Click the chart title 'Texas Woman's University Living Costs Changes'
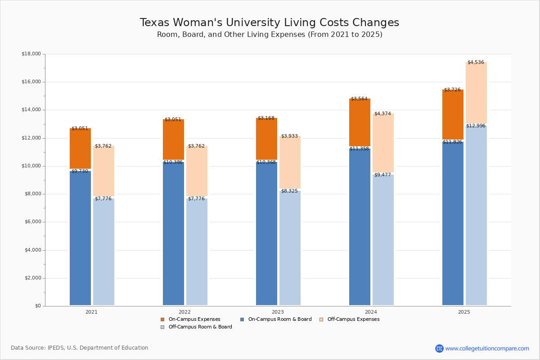[x=269, y=22]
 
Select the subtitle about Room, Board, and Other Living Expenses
[x=270, y=35]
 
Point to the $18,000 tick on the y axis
[x=31, y=54]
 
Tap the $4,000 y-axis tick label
[x=31, y=250]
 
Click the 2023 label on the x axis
[x=278, y=312]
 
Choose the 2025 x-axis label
[x=464, y=312]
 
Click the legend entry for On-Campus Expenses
[x=194, y=319]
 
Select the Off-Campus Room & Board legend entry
[x=200, y=327]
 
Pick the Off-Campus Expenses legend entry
[x=353, y=319]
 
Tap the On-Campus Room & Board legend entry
[x=279, y=319]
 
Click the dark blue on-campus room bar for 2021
[x=80, y=238]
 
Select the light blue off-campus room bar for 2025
[x=476, y=216]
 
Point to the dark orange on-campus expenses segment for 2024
[x=360, y=122]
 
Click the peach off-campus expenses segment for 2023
[x=290, y=162]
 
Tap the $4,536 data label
[x=476, y=63]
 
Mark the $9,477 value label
[x=382, y=175]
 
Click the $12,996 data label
[x=476, y=126]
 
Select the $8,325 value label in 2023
[x=289, y=191]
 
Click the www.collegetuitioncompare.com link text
[x=487, y=348]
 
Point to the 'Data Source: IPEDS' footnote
[x=80, y=348]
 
